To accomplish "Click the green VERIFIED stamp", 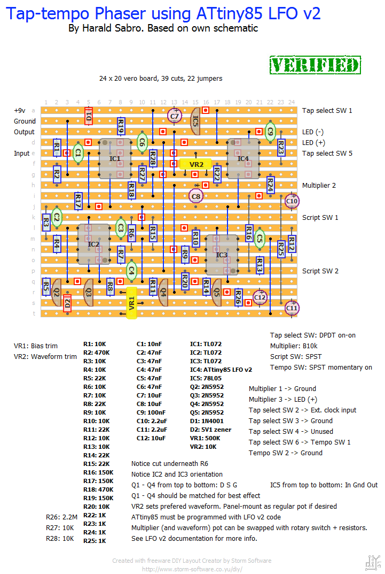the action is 315,65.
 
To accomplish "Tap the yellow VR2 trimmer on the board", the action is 196,164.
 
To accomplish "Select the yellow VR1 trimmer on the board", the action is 131,303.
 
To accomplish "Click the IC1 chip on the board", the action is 115,158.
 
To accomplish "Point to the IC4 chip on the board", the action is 243,158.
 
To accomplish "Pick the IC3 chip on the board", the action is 222,255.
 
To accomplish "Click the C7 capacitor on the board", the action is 175,116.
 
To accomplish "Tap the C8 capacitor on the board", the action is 196,196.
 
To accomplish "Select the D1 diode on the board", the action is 89,116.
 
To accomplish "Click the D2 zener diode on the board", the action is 67,303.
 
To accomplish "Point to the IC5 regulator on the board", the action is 195,121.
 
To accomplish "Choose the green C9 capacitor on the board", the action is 270,132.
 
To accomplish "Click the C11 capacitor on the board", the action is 292,308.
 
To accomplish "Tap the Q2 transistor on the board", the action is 56,292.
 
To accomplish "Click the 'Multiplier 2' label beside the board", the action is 319,186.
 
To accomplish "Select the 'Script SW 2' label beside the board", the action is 320,271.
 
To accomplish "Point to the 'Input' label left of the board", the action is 21,154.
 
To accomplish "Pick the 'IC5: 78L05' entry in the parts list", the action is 206,378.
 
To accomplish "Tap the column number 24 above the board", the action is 292,103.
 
